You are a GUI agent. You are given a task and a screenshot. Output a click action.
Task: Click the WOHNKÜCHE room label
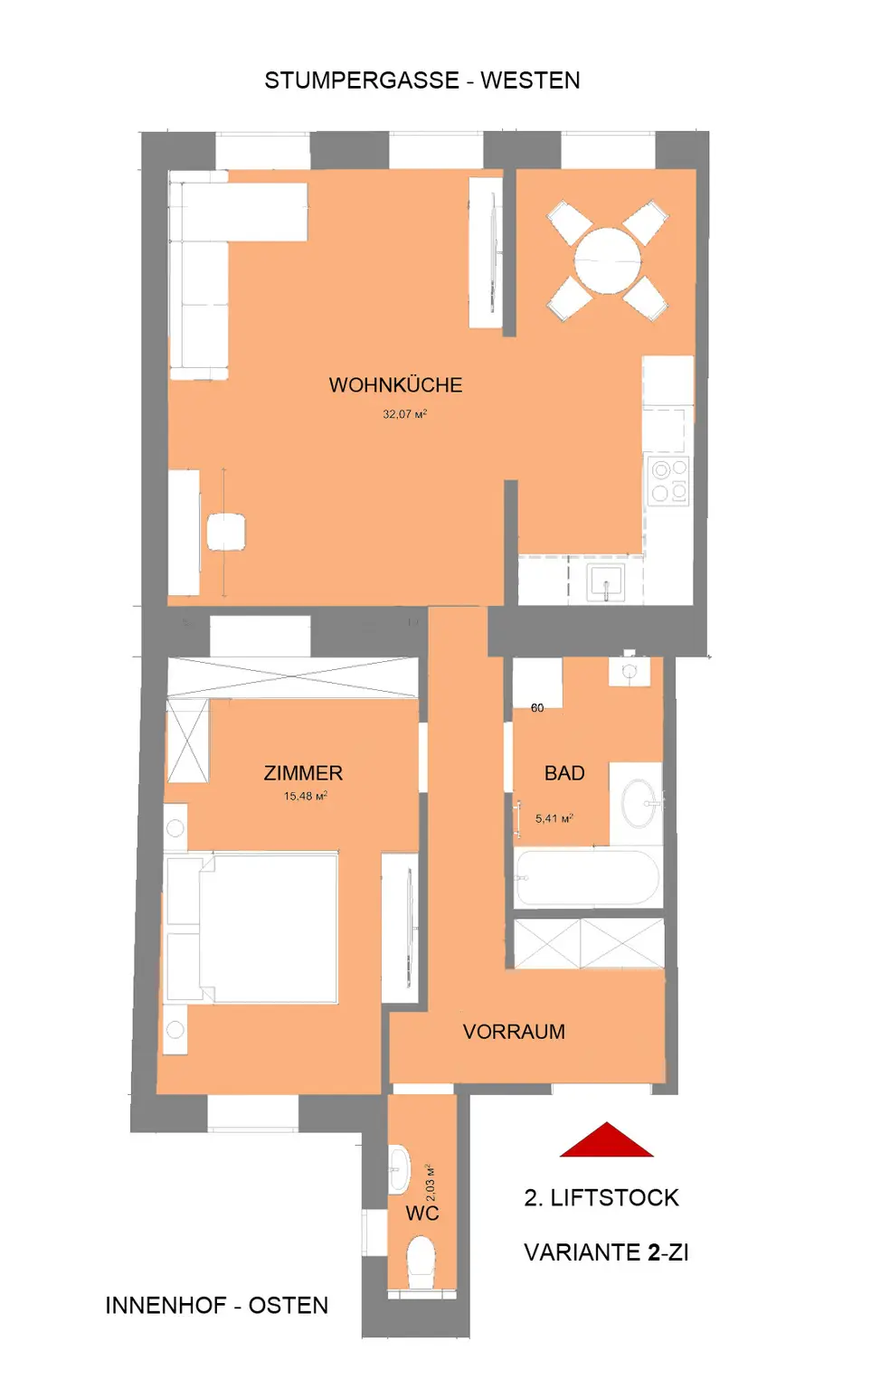coord(395,385)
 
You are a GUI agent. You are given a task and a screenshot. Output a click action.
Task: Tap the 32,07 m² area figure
coord(404,413)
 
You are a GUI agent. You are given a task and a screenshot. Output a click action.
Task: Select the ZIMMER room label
coord(303,773)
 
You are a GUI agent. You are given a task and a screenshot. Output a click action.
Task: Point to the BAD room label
coord(564,773)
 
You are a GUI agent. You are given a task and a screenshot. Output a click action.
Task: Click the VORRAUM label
coord(515,1031)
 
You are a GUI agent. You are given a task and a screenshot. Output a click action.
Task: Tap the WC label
coord(422,1213)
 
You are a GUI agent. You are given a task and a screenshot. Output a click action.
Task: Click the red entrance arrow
coord(606,1139)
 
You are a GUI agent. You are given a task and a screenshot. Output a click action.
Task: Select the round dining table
coord(608,260)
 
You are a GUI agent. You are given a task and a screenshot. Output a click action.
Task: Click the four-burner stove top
coord(668,480)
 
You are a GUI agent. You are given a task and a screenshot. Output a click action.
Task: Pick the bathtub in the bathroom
coord(587,878)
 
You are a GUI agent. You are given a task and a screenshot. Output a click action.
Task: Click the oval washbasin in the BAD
coord(639,803)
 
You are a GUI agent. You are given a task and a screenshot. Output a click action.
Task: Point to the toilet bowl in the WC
coord(421,1259)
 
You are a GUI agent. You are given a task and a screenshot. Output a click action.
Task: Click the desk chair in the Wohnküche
coord(226,532)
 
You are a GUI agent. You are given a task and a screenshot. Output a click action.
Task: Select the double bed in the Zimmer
coord(251,929)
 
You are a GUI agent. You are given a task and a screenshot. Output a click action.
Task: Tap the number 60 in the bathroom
coord(537,708)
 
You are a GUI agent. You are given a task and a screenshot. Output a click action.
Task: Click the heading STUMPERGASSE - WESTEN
coord(422,80)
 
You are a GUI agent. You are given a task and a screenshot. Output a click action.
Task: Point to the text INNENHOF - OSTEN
coord(217,1305)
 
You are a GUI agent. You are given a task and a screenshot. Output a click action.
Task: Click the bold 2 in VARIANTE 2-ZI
coord(654,1252)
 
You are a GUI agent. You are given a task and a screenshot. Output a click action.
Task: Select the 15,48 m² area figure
coord(305,796)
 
